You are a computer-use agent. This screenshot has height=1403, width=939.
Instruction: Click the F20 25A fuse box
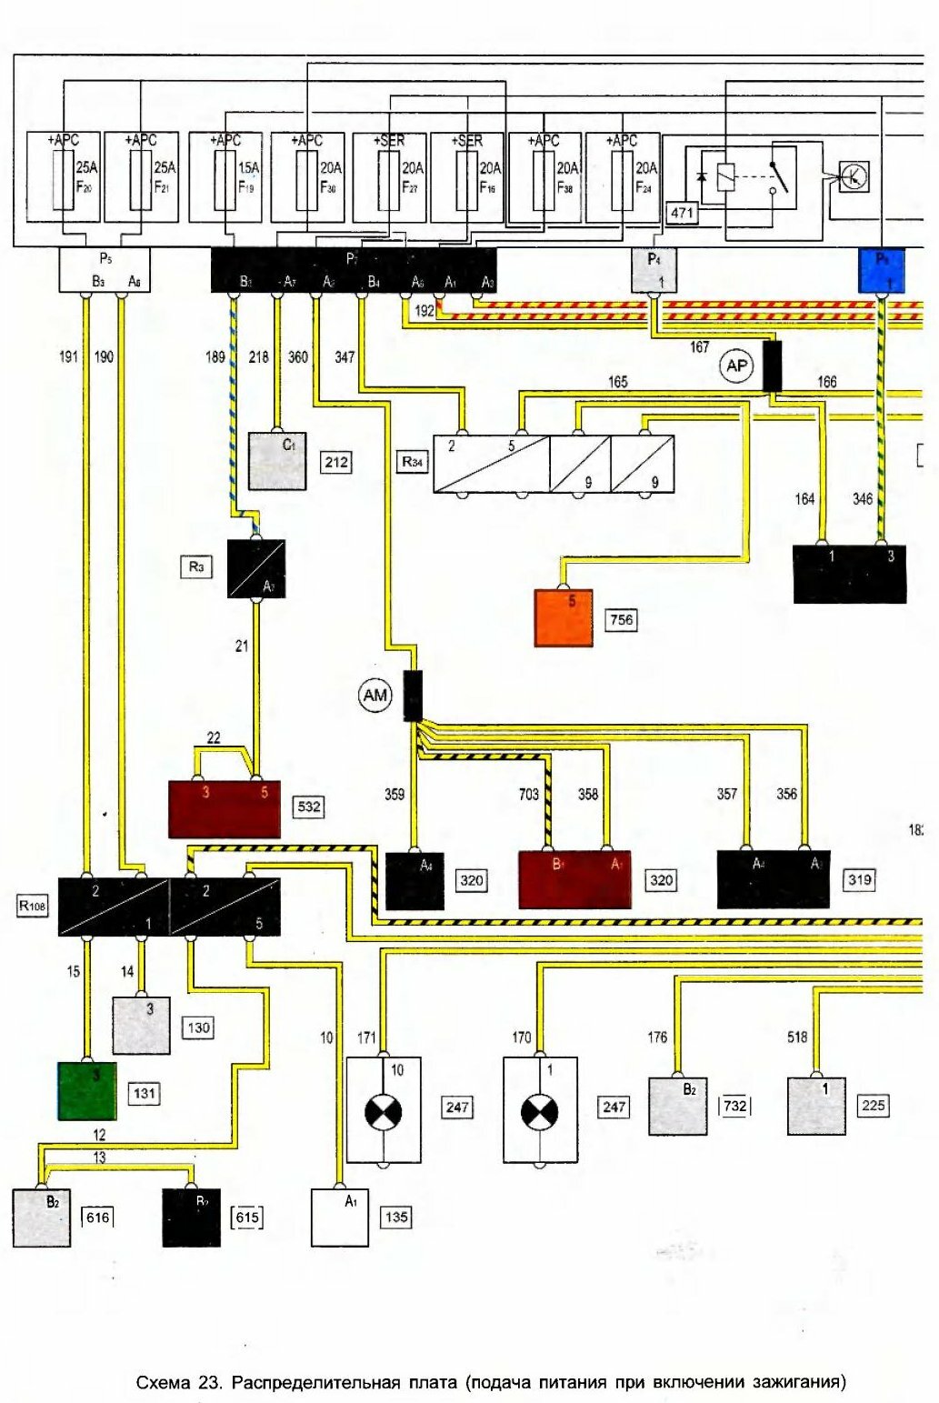[64, 177]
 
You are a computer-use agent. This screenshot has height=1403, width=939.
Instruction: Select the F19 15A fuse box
[225, 177]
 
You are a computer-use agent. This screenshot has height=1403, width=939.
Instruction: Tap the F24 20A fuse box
[623, 177]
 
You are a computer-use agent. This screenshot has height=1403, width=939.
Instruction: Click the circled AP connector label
[735, 366]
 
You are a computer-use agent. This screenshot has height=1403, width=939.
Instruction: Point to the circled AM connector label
[375, 696]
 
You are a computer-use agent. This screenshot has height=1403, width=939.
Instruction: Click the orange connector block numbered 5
[564, 617]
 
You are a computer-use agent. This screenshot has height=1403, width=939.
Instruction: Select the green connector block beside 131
[86, 1090]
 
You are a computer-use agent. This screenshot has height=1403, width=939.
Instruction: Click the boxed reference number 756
[622, 620]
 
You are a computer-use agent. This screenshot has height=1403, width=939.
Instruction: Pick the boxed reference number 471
[682, 213]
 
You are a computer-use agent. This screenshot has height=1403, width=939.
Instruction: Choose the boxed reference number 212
[336, 462]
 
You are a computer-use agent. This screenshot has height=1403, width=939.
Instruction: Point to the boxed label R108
[33, 906]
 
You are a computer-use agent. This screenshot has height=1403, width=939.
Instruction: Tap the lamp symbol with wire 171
[384, 1111]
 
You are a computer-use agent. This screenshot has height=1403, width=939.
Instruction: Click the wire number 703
[529, 794]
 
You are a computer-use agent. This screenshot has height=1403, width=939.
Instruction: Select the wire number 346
[863, 498]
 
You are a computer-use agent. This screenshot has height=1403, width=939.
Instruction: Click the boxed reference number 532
[309, 807]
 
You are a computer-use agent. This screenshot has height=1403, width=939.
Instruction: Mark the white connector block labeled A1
[340, 1218]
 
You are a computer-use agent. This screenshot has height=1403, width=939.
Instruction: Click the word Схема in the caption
[163, 1383]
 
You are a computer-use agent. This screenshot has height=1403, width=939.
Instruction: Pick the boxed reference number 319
[860, 879]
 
